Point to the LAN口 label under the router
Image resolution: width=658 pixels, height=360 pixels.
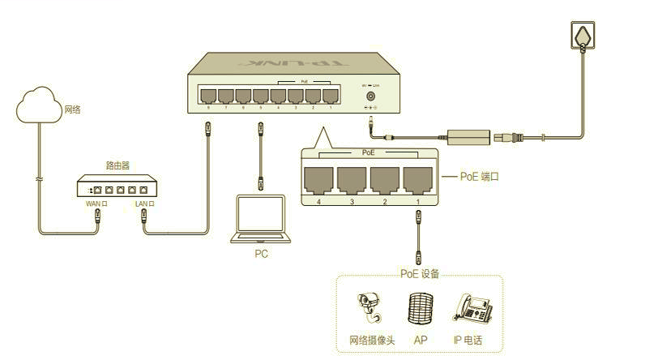coord(144,204)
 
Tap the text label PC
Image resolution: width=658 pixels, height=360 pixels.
coord(260,254)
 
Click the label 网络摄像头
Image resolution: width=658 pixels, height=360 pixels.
coord(372,341)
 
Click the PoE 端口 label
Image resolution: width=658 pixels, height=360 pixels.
coord(479,176)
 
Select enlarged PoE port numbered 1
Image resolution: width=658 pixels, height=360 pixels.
coord(418,179)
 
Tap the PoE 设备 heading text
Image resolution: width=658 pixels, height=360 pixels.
coord(420,274)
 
